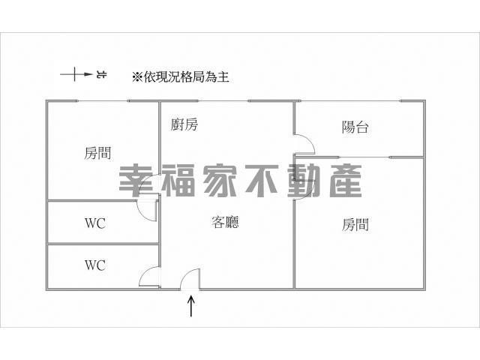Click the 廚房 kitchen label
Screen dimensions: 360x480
click(184, 125)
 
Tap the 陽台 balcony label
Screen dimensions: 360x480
click(355, 127)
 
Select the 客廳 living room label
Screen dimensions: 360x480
click(225, 222)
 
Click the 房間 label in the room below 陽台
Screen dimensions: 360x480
click(355, 223)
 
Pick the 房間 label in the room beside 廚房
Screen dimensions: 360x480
click(97, 154)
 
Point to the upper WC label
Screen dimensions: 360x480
click(94, 223)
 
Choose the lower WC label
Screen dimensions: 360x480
click(94, 265)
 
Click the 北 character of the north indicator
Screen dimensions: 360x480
click(102, 75)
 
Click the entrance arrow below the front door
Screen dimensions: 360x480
click(191, 306)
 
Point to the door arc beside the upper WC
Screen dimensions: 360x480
click(148, 208)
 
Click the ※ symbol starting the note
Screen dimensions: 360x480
click(137, 76)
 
